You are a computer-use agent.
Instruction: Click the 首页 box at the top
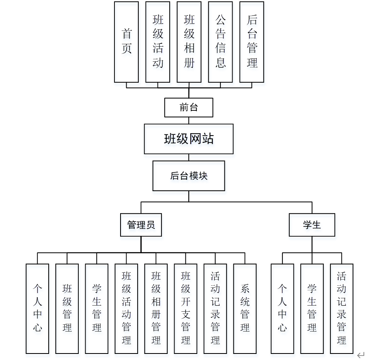pos(126,42)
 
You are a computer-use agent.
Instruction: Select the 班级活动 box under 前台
pos(158,42)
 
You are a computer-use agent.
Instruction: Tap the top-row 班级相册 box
pos(189,42)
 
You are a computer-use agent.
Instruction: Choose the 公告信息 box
pos(220,42)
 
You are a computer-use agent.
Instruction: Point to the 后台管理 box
pos(252,42)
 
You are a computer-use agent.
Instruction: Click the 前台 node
pos(189,108)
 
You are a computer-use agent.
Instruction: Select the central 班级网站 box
pos(189,139)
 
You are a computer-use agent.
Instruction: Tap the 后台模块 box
pos(189,176)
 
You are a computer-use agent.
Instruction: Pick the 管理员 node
pos(141,225)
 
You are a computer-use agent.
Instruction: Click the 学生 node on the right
pos(312,225)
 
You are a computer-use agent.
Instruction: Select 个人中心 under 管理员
pos(37,308)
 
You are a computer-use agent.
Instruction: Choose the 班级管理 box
pos(67,308)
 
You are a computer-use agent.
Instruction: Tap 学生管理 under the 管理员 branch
pos(97,308)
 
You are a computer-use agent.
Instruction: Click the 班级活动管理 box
pos(126,308)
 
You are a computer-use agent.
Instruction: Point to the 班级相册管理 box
pos(156,308)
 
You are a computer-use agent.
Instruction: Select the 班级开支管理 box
pos(185,308)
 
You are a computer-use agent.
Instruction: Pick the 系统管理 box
pos(245,308)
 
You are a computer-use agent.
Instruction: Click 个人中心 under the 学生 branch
pos(282,308)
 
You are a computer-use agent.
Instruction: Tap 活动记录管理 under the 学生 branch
pos(342,308)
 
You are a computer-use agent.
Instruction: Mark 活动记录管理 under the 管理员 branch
pos(215,308)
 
